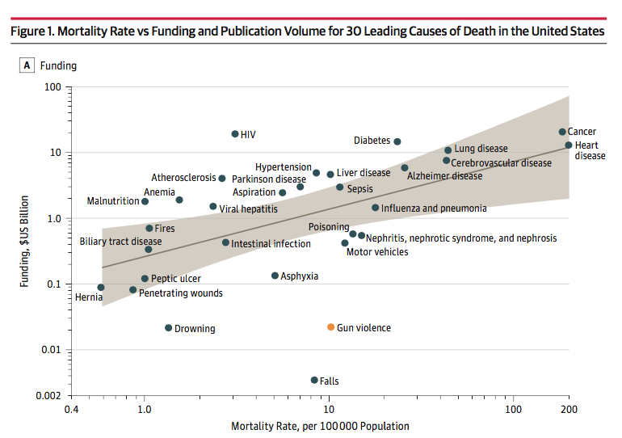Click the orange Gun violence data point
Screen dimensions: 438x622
point(330,327)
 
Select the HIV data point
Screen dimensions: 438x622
point(235,134)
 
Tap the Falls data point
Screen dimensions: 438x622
point(314,380)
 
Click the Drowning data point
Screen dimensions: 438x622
point(168,328)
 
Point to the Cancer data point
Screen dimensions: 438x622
point(562,132)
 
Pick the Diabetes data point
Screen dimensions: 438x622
point(397,141)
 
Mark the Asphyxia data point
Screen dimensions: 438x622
point(275,276)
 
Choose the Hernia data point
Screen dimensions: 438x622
point(101,287)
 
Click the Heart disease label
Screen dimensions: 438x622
point(589,150)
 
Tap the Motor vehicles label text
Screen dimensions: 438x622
point(376,252)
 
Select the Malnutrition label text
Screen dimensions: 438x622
point(113,201)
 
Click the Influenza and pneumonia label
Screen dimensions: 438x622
point(434,208)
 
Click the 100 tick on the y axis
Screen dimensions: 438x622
point(52,86)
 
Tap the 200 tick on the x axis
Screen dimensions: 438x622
point(569,410)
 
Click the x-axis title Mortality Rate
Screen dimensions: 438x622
point(320,426)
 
